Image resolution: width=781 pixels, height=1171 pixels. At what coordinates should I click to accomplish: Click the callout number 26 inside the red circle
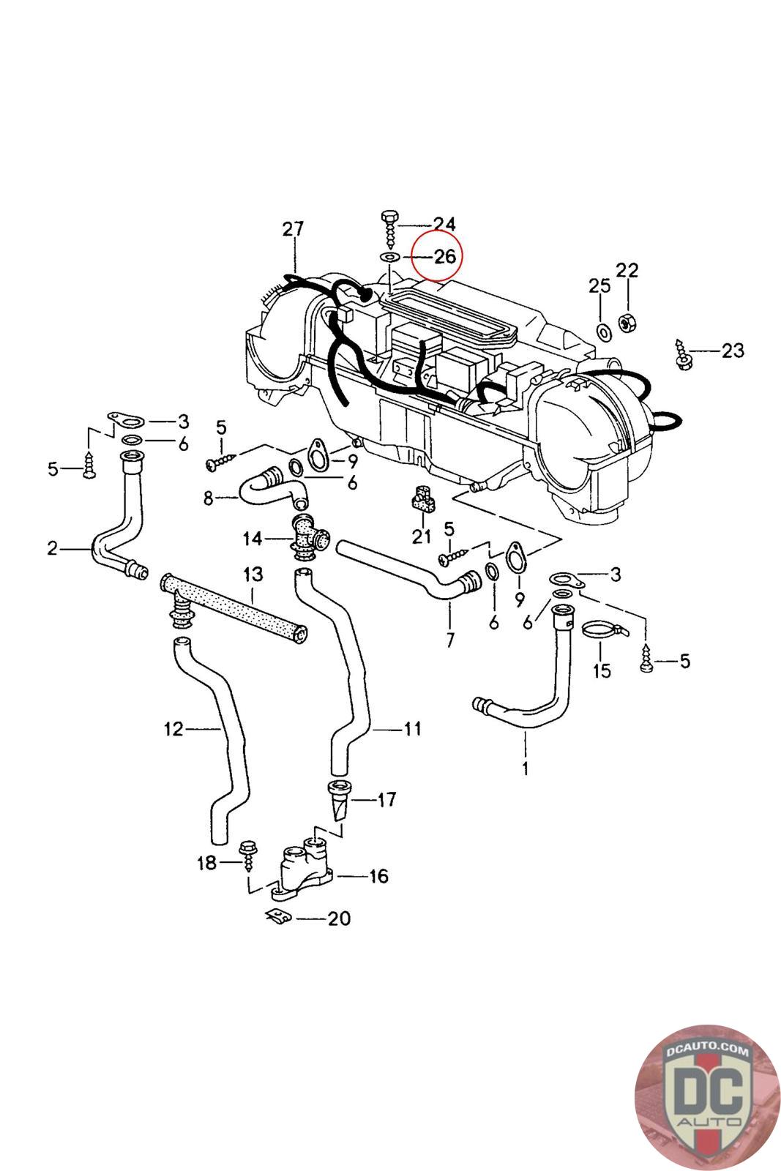click(445, 256)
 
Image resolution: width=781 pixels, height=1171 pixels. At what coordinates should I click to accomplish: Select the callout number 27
click(293, 229)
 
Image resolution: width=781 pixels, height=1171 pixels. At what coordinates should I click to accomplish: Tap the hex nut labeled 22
click(627, 323)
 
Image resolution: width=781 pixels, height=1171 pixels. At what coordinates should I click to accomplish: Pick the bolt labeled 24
click(389, 229)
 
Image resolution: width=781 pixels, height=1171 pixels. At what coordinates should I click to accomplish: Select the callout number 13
click(253, 575)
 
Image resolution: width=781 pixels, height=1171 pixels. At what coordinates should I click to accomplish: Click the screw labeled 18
click(248, 855)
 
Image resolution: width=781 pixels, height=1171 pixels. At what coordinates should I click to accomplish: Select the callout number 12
click(173, 729)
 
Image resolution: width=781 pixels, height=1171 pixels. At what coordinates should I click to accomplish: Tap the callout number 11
click(412, 728)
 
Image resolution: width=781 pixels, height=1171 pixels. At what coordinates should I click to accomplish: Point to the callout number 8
click(208, 498)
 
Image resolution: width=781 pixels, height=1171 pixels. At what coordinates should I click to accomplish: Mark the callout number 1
click(525, 768)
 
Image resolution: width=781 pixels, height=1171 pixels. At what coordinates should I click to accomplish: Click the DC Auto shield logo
click(707, 1097)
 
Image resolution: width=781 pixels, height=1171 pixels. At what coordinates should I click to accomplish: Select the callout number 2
click(52, 548)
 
